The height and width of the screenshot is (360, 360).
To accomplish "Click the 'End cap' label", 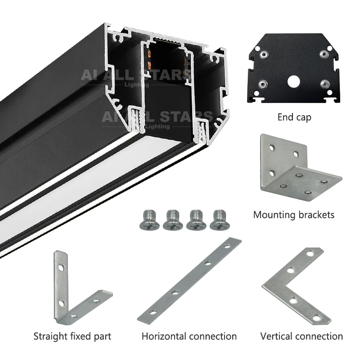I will point(294,117).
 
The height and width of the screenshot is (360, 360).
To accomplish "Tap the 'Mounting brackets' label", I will point(293,215).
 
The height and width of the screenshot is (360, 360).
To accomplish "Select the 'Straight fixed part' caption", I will point(72,336).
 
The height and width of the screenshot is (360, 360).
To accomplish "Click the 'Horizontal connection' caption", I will point(189,336).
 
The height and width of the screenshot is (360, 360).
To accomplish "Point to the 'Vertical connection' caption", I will point(301,336).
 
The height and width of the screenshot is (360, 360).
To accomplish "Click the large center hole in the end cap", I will point(294,82).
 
